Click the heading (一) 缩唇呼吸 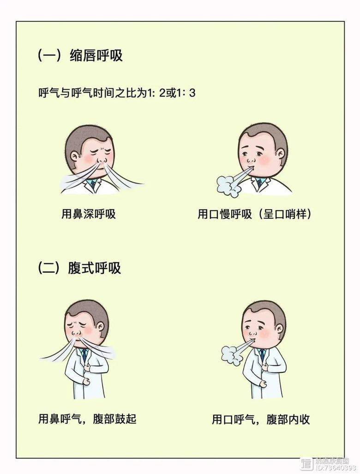[80, 56]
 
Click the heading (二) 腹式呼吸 [80, 268]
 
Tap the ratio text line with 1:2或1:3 [117, 93]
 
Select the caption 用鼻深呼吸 [89, 214]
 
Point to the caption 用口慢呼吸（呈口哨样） [254, 214]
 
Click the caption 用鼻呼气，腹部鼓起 [87, 419]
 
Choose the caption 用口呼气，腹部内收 [261, 419]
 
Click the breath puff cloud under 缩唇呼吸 [228, 185]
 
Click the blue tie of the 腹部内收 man [263, 354]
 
